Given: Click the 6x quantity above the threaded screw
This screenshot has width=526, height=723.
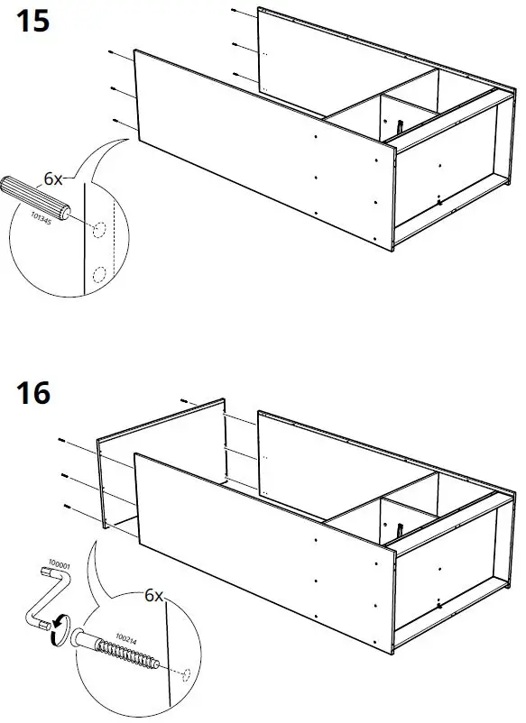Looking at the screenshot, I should (x=153, y=596).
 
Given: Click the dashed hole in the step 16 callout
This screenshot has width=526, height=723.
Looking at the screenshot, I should (x=184, y=673).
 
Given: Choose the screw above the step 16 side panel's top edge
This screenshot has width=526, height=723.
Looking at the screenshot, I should (x=183, y=400).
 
